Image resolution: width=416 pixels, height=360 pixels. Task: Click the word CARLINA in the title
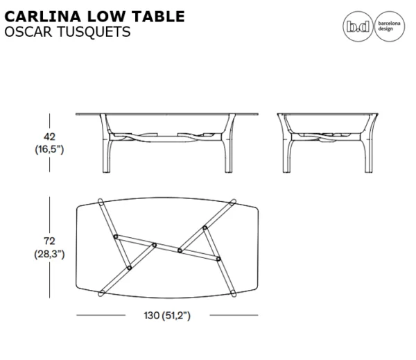pyautogui.click(x=43, y=17)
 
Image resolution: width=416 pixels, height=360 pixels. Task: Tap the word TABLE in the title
pyautogui.click(x=158, y=17)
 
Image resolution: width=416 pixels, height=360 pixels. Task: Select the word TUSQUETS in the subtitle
pyautogui.click(x=94, y=32)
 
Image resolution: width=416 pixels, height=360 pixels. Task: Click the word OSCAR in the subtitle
pyautogui.click(x=28, y=32)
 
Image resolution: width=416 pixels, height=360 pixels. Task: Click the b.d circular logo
pyautogui.click(x=358, y=26)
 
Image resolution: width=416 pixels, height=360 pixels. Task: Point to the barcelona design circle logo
pyautogui.click(x=390, y=26)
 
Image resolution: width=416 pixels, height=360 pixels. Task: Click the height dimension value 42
pyautogui.click(x=50, y=137)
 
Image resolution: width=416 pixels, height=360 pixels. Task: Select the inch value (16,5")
pyautogui.click(x=50, y=149)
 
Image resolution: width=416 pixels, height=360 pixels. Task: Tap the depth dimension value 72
pyautogui.click(x=50, y=241)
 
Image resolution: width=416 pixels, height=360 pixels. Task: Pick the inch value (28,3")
pyautogui.click(x=50, y=254)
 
